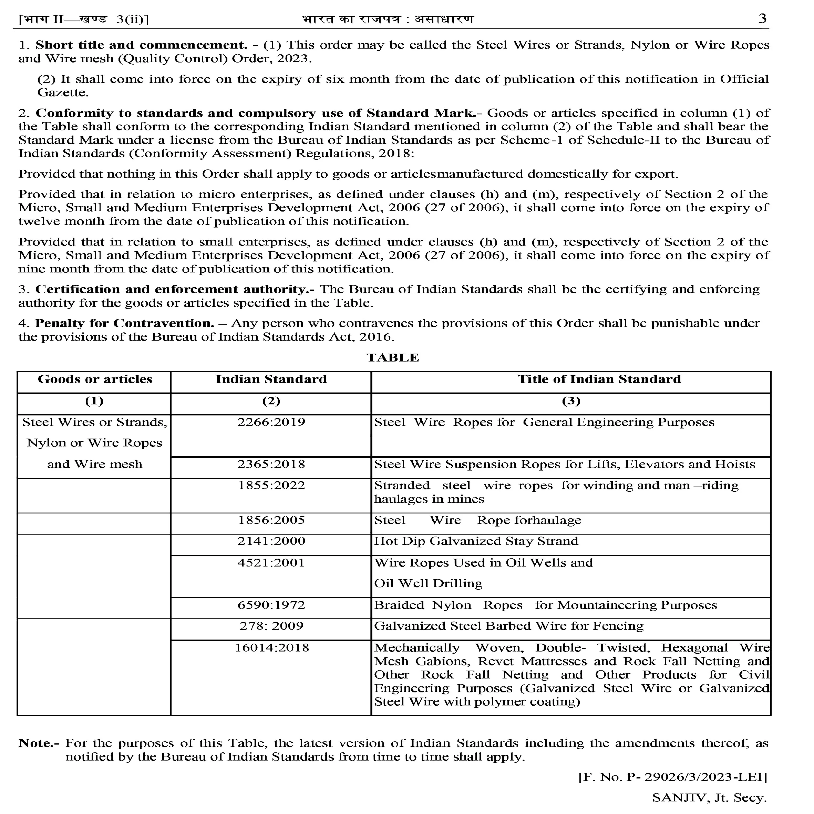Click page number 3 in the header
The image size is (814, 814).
pyautogui.click(x=762, y=18)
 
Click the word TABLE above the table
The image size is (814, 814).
pyautogui.click(x=393, y=357)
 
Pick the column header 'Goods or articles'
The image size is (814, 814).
pyautogui.click(x=95, y=379)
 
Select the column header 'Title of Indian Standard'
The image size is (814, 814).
pyautogui.click(x=599, y=379)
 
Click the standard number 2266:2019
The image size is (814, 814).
pyautogui.click(x=271, y=422)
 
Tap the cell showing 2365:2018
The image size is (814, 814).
pyautogui.click(x=271, y=464)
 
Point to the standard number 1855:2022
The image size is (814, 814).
pyautogui.click(x=271, y=485)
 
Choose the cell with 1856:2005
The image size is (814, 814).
pyautogui.click(x=271, y=520)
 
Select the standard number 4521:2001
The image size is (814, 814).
pyautogui.click(x=271, y=563)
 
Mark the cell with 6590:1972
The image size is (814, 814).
pyautogui.click(x=271, y=605)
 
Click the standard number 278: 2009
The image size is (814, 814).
pyautogui.click(x=271, y=626)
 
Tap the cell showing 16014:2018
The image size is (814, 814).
pyautogui.click(x=271, y=648)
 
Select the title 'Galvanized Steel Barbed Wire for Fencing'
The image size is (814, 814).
pyautogui.click(x=508, y=626)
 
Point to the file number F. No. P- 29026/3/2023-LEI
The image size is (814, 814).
pyautogui.click(x=673, y=776)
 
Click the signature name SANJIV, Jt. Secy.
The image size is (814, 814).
pyautogui.click(x=709, y=797)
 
